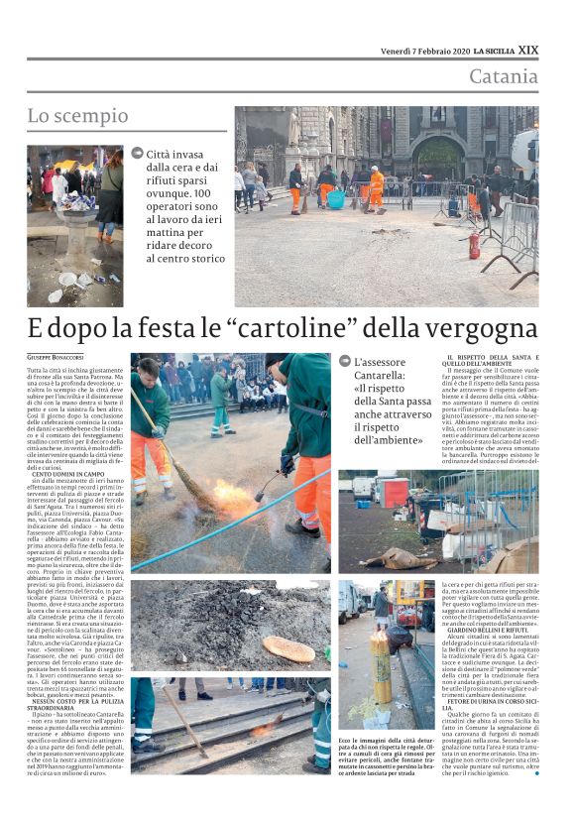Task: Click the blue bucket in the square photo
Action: click(336, 199)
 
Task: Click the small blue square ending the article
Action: click(536, 773)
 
